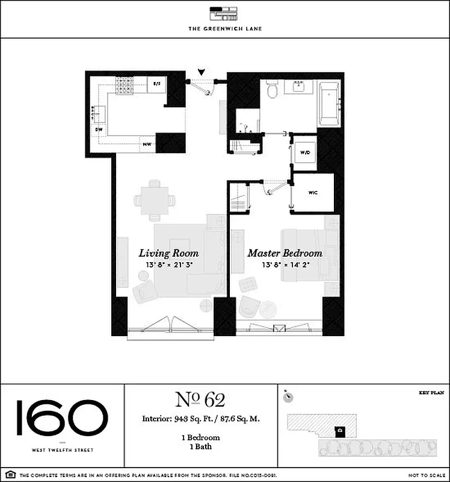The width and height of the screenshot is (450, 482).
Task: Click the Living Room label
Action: point(168,253)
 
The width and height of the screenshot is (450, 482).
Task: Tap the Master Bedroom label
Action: point(285,253)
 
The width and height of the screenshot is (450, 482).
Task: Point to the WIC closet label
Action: point(313,193)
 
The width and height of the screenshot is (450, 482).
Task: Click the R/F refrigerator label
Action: point(157,84)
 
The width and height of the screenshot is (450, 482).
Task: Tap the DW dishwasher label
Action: point(98,129)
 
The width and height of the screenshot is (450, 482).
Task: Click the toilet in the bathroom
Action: point(271,90)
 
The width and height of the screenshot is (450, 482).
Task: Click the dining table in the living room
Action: point(155,200)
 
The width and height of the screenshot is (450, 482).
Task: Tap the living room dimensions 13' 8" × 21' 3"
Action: point(168,264)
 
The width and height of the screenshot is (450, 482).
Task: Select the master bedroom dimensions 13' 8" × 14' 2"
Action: point(285,264)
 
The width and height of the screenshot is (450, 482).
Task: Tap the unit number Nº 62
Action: point(200,399)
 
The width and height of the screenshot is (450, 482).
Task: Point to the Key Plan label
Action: point(431,392)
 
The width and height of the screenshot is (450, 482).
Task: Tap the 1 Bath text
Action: point(202,446)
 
